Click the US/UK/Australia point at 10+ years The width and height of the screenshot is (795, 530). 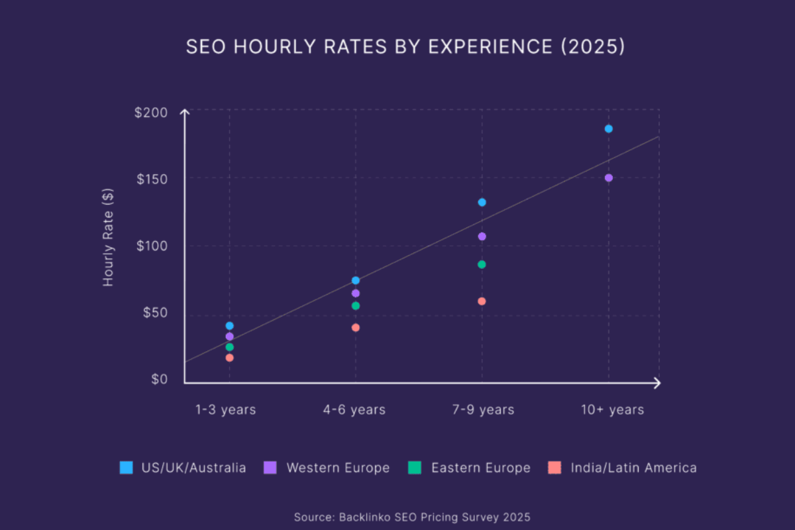[x=608, y=129]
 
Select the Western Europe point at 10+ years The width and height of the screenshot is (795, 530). [x=608, y=178]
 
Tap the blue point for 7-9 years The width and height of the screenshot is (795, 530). [x=482, y=202]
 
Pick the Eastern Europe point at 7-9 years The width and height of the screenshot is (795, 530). [x=482, y=264]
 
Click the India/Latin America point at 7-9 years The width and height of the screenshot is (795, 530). [x=482, y=301]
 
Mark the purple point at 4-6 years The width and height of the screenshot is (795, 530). [x=355, y=293]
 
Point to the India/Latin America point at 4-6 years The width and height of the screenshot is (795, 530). [x=355, y=327]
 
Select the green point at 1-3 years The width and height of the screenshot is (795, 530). [x=229, y=346]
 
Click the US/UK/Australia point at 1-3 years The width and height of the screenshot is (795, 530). [x=229, y=325]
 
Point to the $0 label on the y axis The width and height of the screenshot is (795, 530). [x=159, y=379]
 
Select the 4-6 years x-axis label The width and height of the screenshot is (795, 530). [x=354, y=410]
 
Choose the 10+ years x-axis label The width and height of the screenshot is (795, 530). [x=612, y=410]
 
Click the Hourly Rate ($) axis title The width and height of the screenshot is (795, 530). [x=108, y=237]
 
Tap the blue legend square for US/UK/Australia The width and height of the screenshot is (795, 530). [x=126, y=468]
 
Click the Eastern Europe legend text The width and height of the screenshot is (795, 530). [x=480, y=468]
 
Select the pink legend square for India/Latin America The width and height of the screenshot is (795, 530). [x=555, y=468]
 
